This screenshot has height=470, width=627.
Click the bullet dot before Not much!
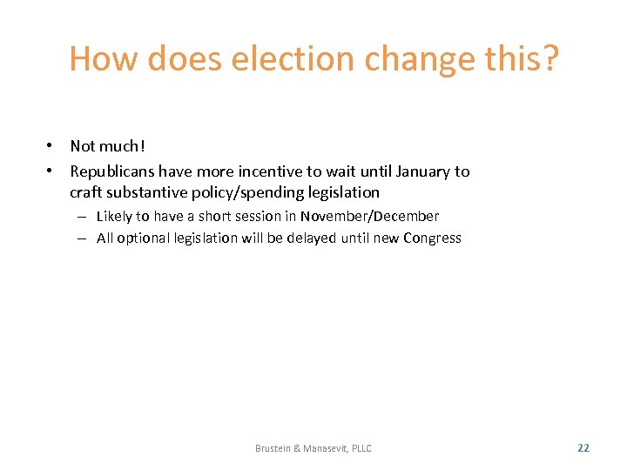(x=52, y=146)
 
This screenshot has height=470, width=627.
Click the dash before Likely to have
(x=80, y=217)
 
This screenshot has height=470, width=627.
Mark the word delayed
(x=307, y=238)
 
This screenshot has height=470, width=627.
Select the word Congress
(x=432, y=238)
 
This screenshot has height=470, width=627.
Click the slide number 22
(x=583, y=448)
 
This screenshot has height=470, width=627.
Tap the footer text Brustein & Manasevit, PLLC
(x=313, y=448)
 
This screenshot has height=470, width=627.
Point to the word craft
(x=87, y=192)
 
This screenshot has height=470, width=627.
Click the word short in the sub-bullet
(x=216, y=217)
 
